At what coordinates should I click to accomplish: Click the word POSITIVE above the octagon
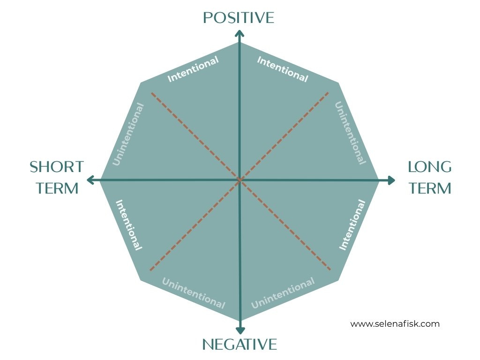[238, 18]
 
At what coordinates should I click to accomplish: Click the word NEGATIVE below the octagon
[239, 345]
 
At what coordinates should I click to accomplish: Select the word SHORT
[56, 166]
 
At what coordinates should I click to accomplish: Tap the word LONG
[429, 166]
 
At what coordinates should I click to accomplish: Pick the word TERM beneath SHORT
[57, 188]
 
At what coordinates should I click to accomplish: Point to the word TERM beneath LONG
[429, 188]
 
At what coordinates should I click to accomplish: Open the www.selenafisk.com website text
[395, 323]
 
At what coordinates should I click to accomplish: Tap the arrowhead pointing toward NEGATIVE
[240, 330]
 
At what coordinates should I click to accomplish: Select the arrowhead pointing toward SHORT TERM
[90, 180]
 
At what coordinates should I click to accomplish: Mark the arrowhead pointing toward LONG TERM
[391, 180]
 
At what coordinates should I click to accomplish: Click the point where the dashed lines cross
[240, 180]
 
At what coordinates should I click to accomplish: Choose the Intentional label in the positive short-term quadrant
[193, 69]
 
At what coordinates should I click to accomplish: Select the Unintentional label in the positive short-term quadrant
[128, 134]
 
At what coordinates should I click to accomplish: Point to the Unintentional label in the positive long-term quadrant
[350, 133]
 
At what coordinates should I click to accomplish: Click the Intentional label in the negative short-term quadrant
[128, 225]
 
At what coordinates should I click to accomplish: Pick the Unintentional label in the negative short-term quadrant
[193, 293]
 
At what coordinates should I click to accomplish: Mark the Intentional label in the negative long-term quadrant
[352, 225]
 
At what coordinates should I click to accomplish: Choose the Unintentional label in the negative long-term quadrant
[283, 293]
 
